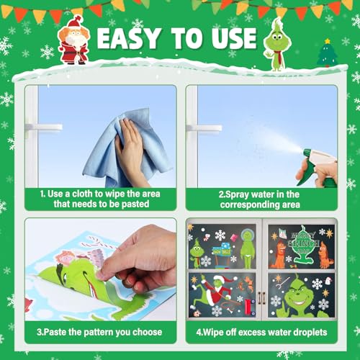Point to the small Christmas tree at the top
[x=326, y=53]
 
